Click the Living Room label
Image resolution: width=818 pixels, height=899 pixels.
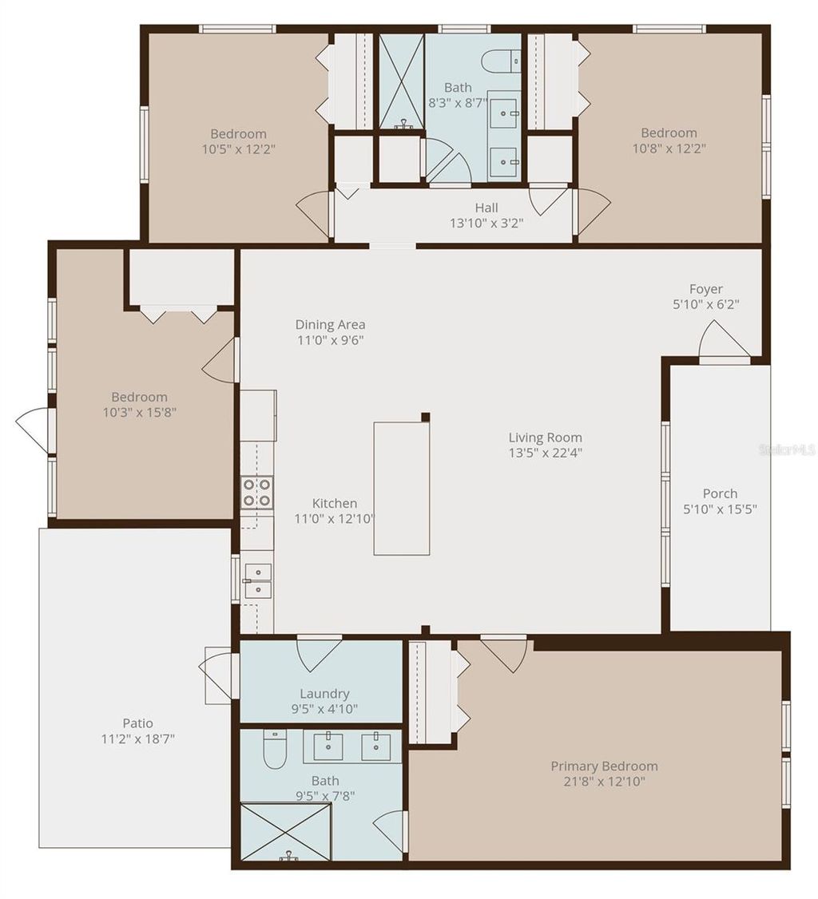[x=545, y=438]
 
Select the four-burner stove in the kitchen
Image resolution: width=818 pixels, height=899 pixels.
[x=257, y=492]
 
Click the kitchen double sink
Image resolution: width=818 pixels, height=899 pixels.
[x=257, y=580]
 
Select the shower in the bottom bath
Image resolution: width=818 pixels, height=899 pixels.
[x=285, y=832]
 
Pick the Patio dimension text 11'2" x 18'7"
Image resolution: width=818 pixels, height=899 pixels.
[x=137, y=739]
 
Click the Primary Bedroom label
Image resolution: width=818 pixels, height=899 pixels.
[x=604, y=766]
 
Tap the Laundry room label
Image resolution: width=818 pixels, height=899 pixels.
[x=324, y=694]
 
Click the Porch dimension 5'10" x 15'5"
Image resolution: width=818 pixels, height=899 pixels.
[x=720, y=509]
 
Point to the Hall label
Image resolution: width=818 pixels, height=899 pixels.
[x=486, y=208]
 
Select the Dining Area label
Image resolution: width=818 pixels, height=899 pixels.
[x=330, y=324]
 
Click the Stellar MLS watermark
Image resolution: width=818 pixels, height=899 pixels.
[x=786, y=450]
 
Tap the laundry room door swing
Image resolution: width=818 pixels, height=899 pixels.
[x=319, y=653]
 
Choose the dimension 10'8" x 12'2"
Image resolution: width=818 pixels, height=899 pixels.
[x=669, y=148]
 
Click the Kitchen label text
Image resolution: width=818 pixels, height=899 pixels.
[x=334, y=503]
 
